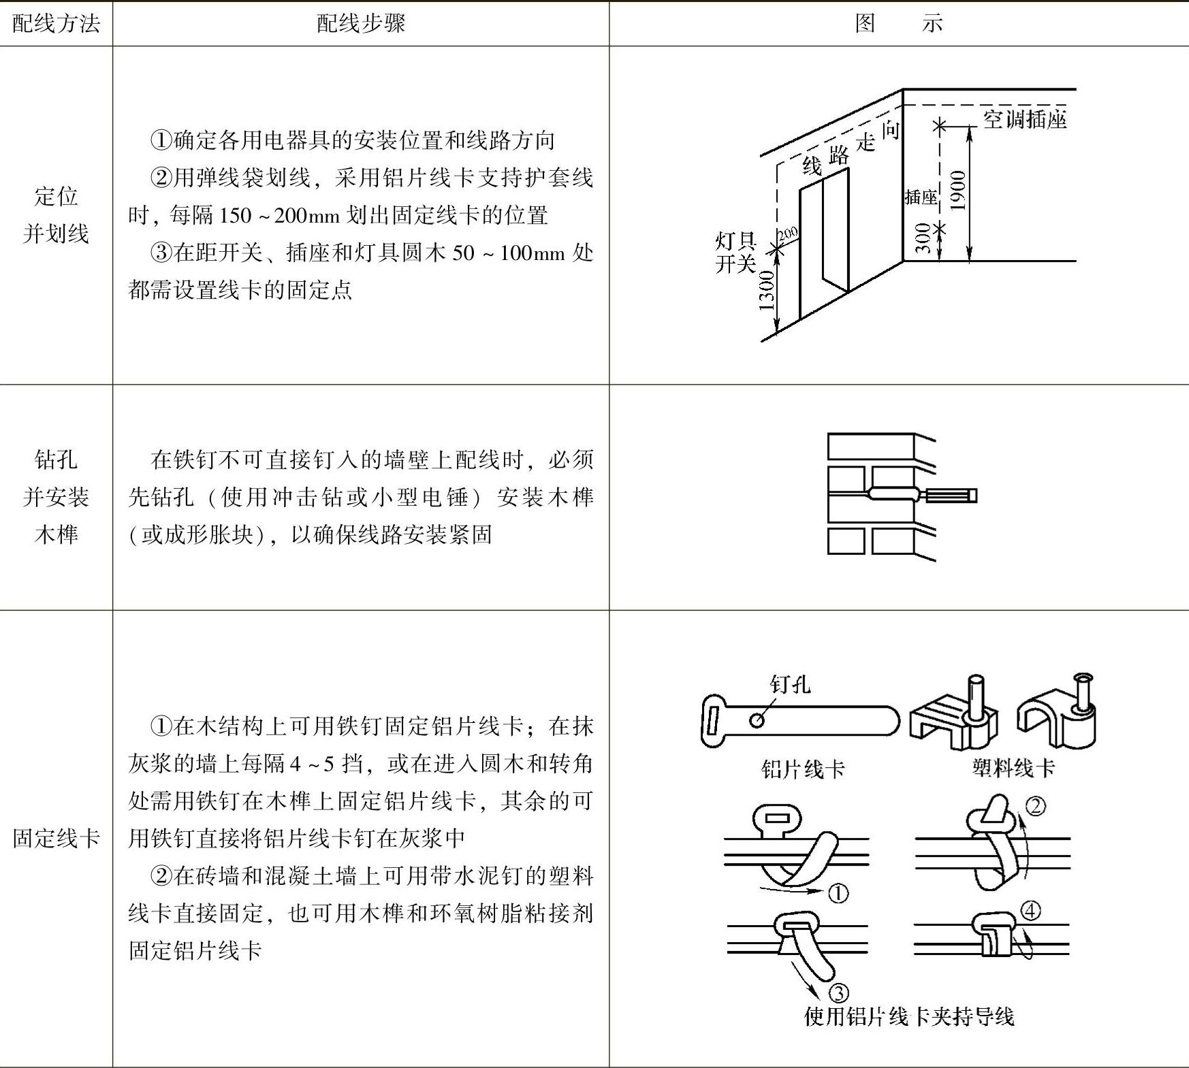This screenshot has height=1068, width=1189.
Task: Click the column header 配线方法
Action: (56, 24)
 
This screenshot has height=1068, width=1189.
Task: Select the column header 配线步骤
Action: (360, 24)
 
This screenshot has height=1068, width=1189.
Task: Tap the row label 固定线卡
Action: (56, 838)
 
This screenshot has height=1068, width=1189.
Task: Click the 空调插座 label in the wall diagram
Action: (1024, 120)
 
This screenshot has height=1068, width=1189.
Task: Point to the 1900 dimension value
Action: (957, 191)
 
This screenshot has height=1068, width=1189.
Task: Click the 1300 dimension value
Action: (767, 290)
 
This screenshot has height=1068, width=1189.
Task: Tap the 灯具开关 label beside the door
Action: (735, 252)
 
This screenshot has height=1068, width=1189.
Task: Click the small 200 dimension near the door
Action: (788, 234)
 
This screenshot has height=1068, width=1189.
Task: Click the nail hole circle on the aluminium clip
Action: (756, 720)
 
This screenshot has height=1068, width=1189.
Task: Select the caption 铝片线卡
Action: (803, 769)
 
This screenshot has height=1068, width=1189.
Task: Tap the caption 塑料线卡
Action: (1013, 768)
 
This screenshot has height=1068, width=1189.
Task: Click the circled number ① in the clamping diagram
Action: (838, 892)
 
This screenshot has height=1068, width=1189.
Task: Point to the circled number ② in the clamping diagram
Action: (1035, 806)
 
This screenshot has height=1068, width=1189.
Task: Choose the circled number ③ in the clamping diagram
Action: (838, 993)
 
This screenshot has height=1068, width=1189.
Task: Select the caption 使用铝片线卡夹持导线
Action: (908, 1017)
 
